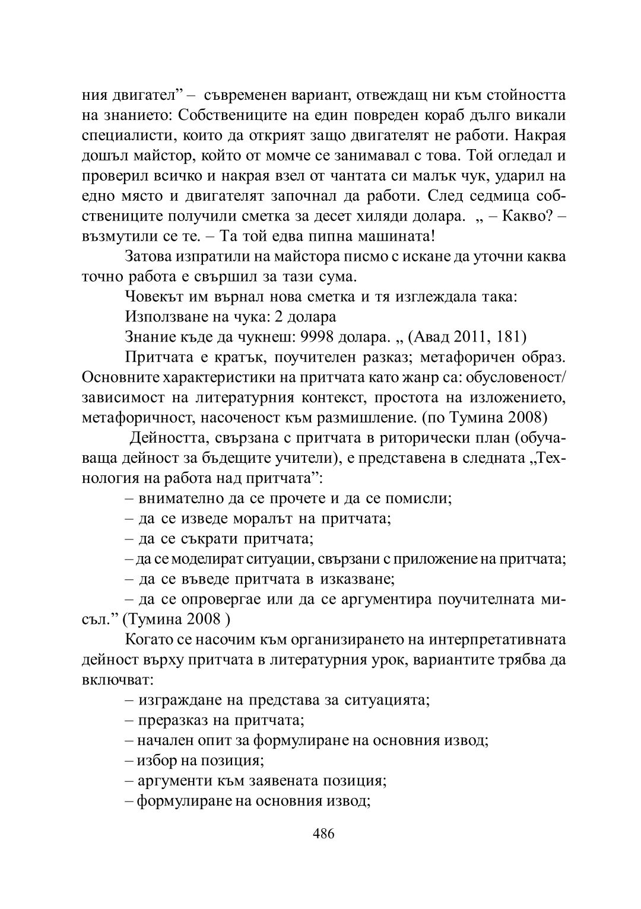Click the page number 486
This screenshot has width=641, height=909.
(x=323, y=833)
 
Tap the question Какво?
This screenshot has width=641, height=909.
(x=528, y=216)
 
